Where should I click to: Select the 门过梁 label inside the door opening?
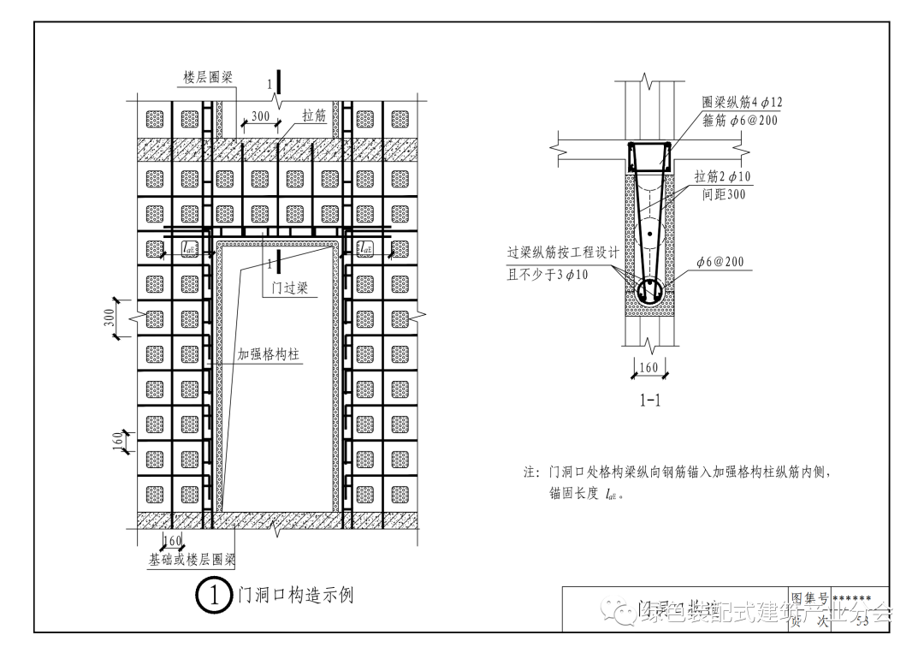[x=288, y=288]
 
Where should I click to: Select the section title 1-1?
[x=649, y=399]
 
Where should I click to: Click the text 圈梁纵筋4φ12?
[x=742, y=102]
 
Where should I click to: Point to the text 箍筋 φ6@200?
[x=741, y=121]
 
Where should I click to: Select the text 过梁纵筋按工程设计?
[x=562, y=254]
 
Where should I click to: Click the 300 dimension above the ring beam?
[x=260, y=116]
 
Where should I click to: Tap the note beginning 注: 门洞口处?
[x=677, y=472]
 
